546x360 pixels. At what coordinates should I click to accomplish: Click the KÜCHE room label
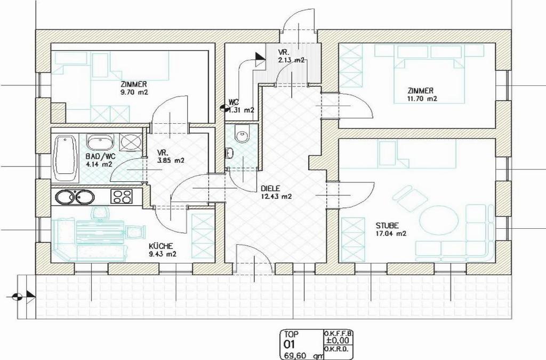click(x=160, y=246)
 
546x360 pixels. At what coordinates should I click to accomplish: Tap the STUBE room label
click(x=387, y=226)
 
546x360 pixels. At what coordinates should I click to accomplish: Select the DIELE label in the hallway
click(x=270, y=189)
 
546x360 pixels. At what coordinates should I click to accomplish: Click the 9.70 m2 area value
click(x=134, y=93)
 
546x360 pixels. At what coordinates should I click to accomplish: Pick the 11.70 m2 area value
click(x=422, y=99)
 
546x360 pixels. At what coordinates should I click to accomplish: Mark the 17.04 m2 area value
click(x=391, y=234)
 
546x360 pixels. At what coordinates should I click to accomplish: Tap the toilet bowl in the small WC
click(x=242, y=134)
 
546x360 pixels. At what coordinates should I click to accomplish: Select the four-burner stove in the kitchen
click(x=122, y=196)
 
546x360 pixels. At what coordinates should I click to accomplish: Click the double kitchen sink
click(x=75, y=197)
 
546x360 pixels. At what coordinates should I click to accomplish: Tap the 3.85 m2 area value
click(x=170, y=161)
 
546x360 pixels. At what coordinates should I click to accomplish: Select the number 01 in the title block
click(x=290, y=345)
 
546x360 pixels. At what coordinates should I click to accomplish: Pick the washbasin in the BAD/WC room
click(x=100, y=142)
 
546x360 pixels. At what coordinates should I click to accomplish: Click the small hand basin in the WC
click(x=229, y=153)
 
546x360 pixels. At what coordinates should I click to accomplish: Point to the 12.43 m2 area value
click(x=276, y=196)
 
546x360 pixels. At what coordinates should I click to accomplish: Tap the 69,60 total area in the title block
click(x=296, y=356)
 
